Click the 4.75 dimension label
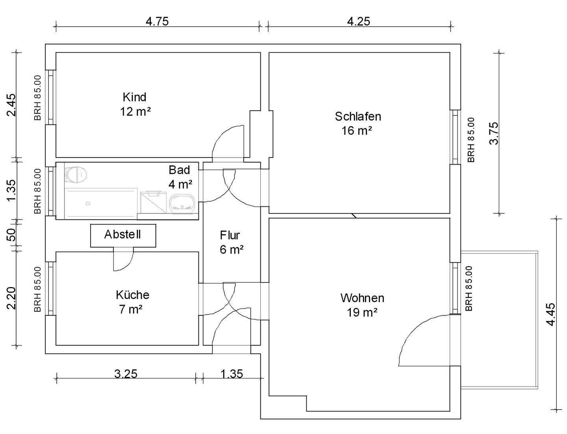(157, 21)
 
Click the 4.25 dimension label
(358, 21)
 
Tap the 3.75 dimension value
(494, 133)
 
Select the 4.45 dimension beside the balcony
(551, 314)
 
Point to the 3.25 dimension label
(126, 374)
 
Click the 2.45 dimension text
(11, 105)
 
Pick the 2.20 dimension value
(11, 298)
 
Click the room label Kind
(135, 97)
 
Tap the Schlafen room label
(358, 117)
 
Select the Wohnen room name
(362, 298)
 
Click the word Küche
(133, 295)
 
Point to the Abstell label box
(123, 236)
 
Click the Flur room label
(230, 236)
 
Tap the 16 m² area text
(357, 131)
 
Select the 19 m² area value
(362, 313)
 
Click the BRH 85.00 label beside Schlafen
(471, 140)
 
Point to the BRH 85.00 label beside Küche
(38, 289)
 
